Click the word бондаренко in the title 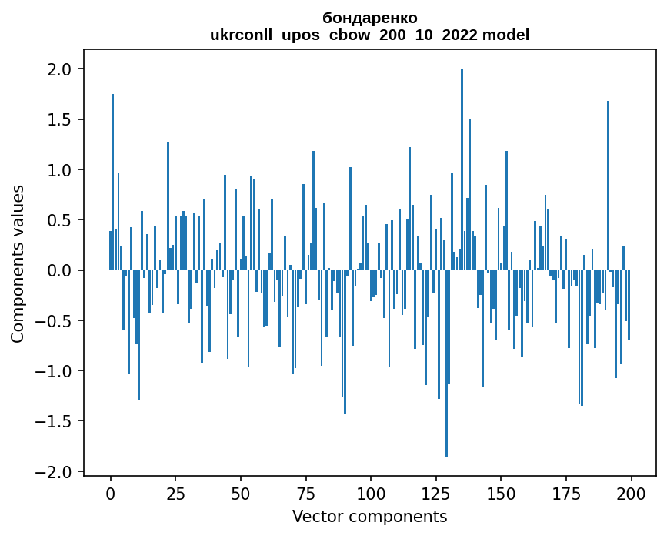(x=369, y=18)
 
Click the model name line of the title (x=369, y=35)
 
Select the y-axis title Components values (x=17, y=263)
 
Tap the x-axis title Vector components (x=369, y=516)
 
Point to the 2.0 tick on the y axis (x=61, y=69)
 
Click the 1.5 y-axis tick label (x=61, y=119)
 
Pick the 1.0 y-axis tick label (x=61, y=170)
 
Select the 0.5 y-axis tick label (x=61, y=220)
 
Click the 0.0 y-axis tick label (x=61, y=270)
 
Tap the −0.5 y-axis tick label (x=56, y=321)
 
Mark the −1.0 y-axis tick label (x=56, y=371)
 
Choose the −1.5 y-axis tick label (x=56, y=421)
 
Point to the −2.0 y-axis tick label (x=56, y=471)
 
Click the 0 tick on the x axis (x=111, y=492)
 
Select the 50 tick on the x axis (x=241, y=492)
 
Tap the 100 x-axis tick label (x=371, y=492)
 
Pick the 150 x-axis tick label (x=501, y=492)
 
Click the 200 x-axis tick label (x=631, y=492)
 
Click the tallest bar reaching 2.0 (x=462, y=169)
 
